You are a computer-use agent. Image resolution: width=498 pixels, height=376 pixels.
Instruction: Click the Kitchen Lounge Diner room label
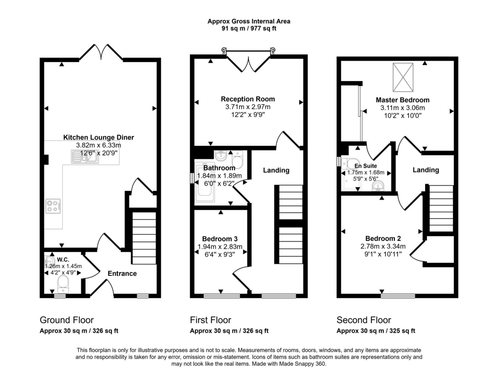pos(98,137)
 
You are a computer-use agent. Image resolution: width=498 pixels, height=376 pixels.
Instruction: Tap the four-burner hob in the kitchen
pos(53,205)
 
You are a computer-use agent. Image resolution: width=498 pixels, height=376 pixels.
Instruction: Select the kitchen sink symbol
pos(85,156)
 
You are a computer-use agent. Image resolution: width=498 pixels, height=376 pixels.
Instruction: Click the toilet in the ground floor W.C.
pos(63,284)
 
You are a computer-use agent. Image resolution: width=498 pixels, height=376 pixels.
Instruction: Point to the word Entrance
pos(122,273)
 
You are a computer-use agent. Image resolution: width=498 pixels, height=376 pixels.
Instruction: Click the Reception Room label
pos(248,99)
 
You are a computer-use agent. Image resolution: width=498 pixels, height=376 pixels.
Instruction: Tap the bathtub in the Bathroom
pos(205,184)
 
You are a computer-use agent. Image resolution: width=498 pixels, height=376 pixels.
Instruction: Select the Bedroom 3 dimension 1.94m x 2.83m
pos(220,247)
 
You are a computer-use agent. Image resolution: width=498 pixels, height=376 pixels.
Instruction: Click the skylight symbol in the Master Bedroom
pos(403,77)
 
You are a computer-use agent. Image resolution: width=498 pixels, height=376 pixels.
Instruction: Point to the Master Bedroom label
pos(403,100)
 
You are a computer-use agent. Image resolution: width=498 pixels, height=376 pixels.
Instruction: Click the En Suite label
pos(366,166)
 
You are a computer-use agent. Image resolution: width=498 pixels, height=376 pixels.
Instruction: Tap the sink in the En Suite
pos(378,186)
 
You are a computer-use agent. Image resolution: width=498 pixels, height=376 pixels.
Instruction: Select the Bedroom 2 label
pos(383,239)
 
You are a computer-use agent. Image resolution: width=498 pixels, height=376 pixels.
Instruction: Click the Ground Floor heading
pos(67,320)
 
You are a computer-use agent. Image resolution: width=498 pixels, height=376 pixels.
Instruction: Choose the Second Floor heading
pos(364,320)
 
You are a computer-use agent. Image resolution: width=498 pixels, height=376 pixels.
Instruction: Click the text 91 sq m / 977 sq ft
pos(249,29)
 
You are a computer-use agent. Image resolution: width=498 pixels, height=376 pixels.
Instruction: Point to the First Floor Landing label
pos(276,171)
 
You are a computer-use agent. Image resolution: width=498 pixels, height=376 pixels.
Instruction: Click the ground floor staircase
pos(144,238)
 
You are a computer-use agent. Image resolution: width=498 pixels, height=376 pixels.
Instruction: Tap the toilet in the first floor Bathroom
pos(237,159)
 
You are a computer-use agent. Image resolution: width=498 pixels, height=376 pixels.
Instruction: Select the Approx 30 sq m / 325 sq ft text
pos(376,331)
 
